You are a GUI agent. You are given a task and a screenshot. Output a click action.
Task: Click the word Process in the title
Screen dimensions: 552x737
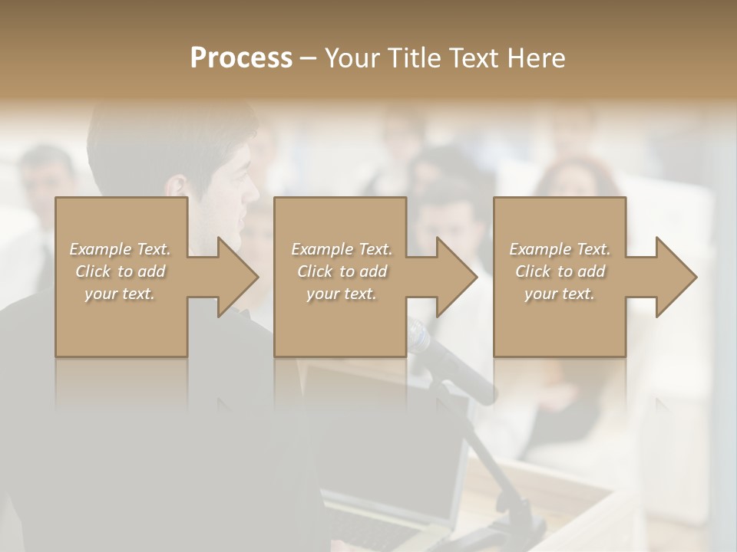[241, 58]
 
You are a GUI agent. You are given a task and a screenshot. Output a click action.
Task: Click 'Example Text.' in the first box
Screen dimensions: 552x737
[120, 249]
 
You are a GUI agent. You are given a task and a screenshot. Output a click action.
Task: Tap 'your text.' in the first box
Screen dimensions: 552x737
[120, 294]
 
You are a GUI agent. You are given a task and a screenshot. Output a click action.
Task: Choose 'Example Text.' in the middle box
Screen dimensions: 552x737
[341, 249]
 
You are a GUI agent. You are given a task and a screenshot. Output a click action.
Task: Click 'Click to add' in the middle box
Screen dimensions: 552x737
[341, 271]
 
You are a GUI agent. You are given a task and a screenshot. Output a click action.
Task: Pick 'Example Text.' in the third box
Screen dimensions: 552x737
[560, 249]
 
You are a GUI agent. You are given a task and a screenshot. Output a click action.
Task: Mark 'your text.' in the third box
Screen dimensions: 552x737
[560, 294]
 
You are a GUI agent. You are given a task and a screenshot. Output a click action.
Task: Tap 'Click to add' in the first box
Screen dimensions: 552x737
[120, 271]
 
